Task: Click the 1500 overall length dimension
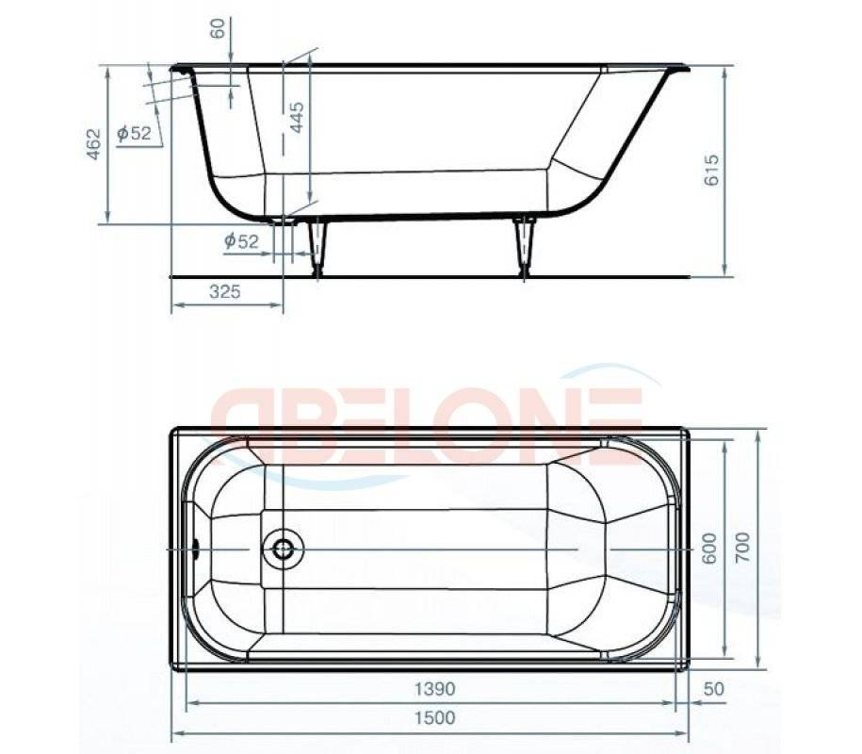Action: point(432,718)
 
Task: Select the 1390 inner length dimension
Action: point(432,689)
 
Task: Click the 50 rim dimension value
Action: point(713,689)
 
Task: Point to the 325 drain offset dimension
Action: point(225,292)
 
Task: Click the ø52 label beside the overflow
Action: point(134,134)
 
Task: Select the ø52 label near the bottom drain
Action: point(241,241)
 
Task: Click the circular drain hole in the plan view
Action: point(282,548)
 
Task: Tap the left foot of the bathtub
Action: point(319,247)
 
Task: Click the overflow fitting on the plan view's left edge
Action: point(195,548)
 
